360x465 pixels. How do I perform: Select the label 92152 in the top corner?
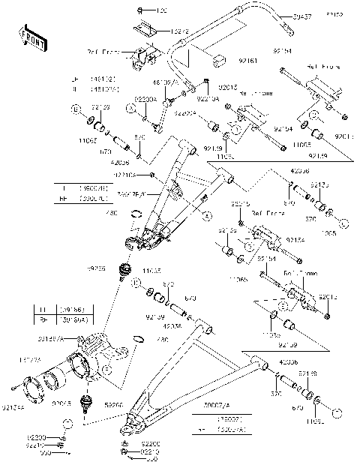(334, 14)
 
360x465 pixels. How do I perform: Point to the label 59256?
(95, 268)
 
